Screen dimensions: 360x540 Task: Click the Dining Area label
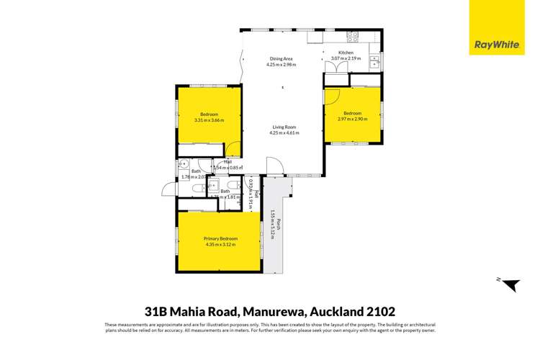click(x=281, y=59)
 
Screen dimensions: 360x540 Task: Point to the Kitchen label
click(x=346, y=53)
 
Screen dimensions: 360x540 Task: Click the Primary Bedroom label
click(x=220, y=238)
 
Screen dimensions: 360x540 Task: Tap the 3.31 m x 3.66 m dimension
click(x=209, y=120)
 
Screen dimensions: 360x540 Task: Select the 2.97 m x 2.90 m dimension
click(x=352, y=119)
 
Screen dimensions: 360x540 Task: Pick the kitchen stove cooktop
click(x=353, y=36)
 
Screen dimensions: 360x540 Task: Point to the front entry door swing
click(x=274, y=167)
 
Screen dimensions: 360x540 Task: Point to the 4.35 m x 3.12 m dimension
click(x=220, y=244)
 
